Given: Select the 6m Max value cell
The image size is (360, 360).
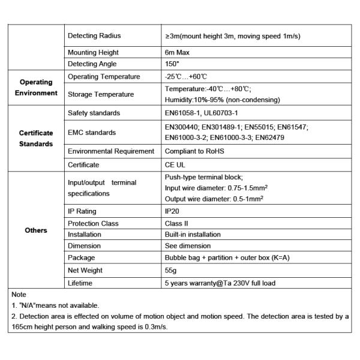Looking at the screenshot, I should [177, 53].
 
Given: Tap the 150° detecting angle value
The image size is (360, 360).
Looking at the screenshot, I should [172, 64].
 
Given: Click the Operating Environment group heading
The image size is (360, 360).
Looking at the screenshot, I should [36, 88].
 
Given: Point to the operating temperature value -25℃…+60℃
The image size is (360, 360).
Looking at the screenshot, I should [186, 77].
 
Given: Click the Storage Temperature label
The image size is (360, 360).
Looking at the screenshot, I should [101, 94].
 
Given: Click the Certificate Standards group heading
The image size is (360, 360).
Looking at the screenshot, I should [36, 139].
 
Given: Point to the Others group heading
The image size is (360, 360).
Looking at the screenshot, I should [36, 230].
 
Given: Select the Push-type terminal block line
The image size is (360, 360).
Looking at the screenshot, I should [203, 178].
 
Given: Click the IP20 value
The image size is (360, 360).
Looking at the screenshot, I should [172, 211].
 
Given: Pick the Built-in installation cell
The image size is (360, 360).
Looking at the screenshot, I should [193, 235].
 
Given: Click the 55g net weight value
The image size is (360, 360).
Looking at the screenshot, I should [171, 271].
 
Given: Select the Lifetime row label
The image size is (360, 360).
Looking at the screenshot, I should [80, 283].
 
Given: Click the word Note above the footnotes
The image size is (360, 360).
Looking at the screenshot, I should [19, 295].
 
